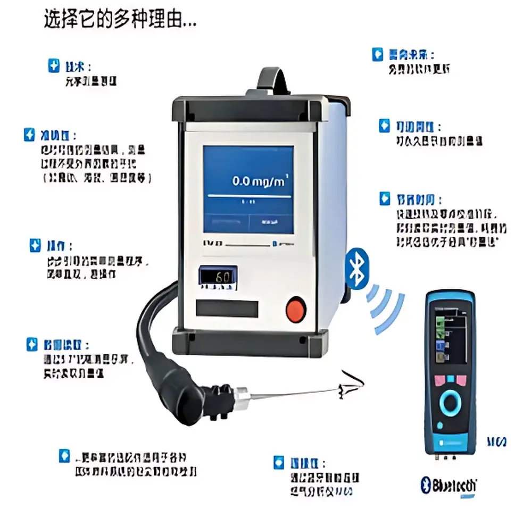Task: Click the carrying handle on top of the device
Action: pyautogui.click(x=275, y=80)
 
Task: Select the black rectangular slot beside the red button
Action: pyautogui.click(x=227, y=308)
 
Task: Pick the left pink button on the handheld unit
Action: pyautogui.click(x=438, y=380)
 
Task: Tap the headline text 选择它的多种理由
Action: pyautogui.click(x=119, y=21)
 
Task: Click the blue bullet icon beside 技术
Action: pyautogui.click(x=53, y=66)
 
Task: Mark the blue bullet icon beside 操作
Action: pyautogui.click(x=35, y=245)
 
